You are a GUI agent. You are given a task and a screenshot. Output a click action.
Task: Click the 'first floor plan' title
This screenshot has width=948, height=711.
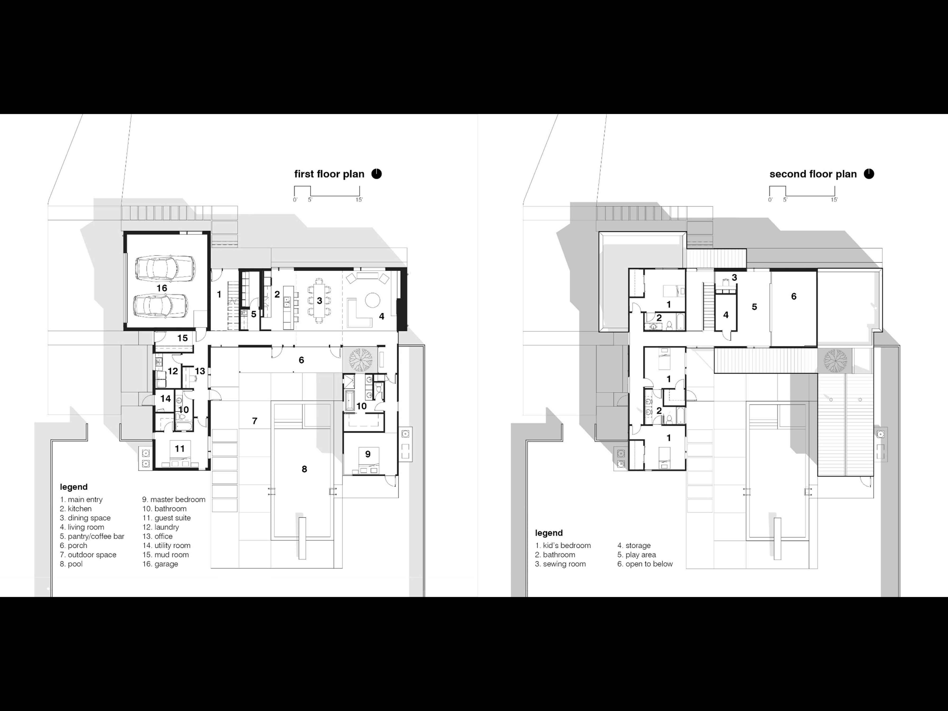(329, 174)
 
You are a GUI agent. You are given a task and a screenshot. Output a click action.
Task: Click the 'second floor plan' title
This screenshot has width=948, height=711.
(813, 174)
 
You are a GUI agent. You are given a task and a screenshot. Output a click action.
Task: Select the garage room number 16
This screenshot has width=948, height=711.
(162, 288)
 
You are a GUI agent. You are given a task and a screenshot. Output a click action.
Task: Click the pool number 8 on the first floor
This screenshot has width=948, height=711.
(304, 469)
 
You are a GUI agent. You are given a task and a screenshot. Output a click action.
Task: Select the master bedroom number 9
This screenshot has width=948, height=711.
(368, 454)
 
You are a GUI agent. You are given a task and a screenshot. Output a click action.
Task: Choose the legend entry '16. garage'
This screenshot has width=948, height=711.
(160, 564)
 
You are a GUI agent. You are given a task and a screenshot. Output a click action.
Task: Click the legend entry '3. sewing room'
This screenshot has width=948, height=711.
(560, 564)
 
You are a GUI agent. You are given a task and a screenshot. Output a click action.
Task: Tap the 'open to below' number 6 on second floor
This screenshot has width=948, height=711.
(794, 296)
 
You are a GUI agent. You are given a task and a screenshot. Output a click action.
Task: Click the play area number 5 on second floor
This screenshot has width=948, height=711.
(754, 307)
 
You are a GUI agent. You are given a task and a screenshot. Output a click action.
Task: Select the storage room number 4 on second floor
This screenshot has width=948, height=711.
(725, 315)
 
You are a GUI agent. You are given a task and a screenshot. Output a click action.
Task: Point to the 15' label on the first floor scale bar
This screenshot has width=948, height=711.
(359, 200)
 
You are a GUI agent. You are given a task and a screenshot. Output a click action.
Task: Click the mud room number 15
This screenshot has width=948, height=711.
(182, 338)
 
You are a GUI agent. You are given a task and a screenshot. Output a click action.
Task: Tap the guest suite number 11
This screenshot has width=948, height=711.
(180, 448)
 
